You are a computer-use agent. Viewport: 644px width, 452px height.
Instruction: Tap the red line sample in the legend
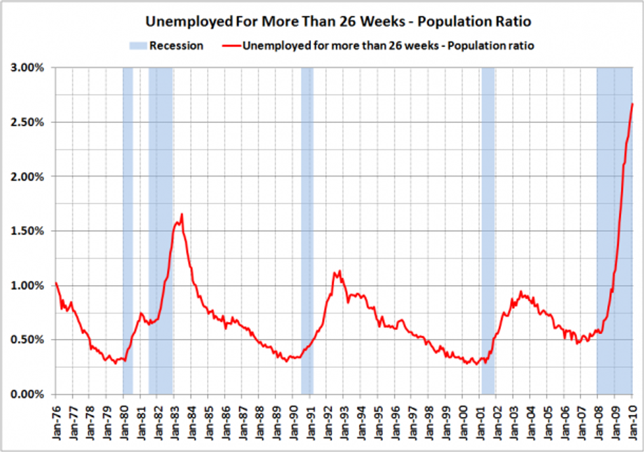(x=225, y=46)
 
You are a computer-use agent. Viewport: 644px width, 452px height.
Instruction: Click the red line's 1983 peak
(x=181, y=214)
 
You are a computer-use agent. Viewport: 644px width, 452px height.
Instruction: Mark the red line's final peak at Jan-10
(x=632, y=104)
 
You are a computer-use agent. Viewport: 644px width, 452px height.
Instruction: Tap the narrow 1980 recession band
(x=127, y=230)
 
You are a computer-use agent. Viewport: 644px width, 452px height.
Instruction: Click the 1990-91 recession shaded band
(x=307, y=230)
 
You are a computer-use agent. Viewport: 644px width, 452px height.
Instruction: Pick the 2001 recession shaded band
(x=488, y=230)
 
